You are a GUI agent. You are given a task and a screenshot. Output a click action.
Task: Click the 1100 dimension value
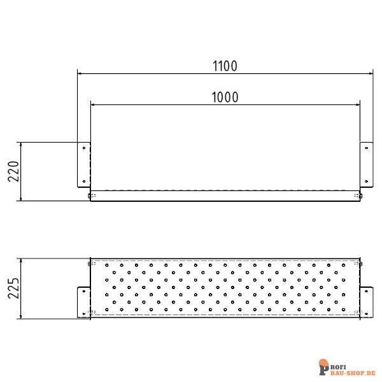(x=225, y=65)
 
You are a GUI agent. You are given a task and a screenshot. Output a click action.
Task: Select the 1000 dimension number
(x=225, y=97)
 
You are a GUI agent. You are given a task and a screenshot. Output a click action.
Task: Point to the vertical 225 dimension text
(x=15, y=288)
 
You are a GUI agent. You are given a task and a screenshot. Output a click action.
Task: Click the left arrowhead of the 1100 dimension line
(x=80, y=73)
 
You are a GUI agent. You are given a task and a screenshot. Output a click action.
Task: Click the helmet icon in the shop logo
(x=324, y=365)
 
